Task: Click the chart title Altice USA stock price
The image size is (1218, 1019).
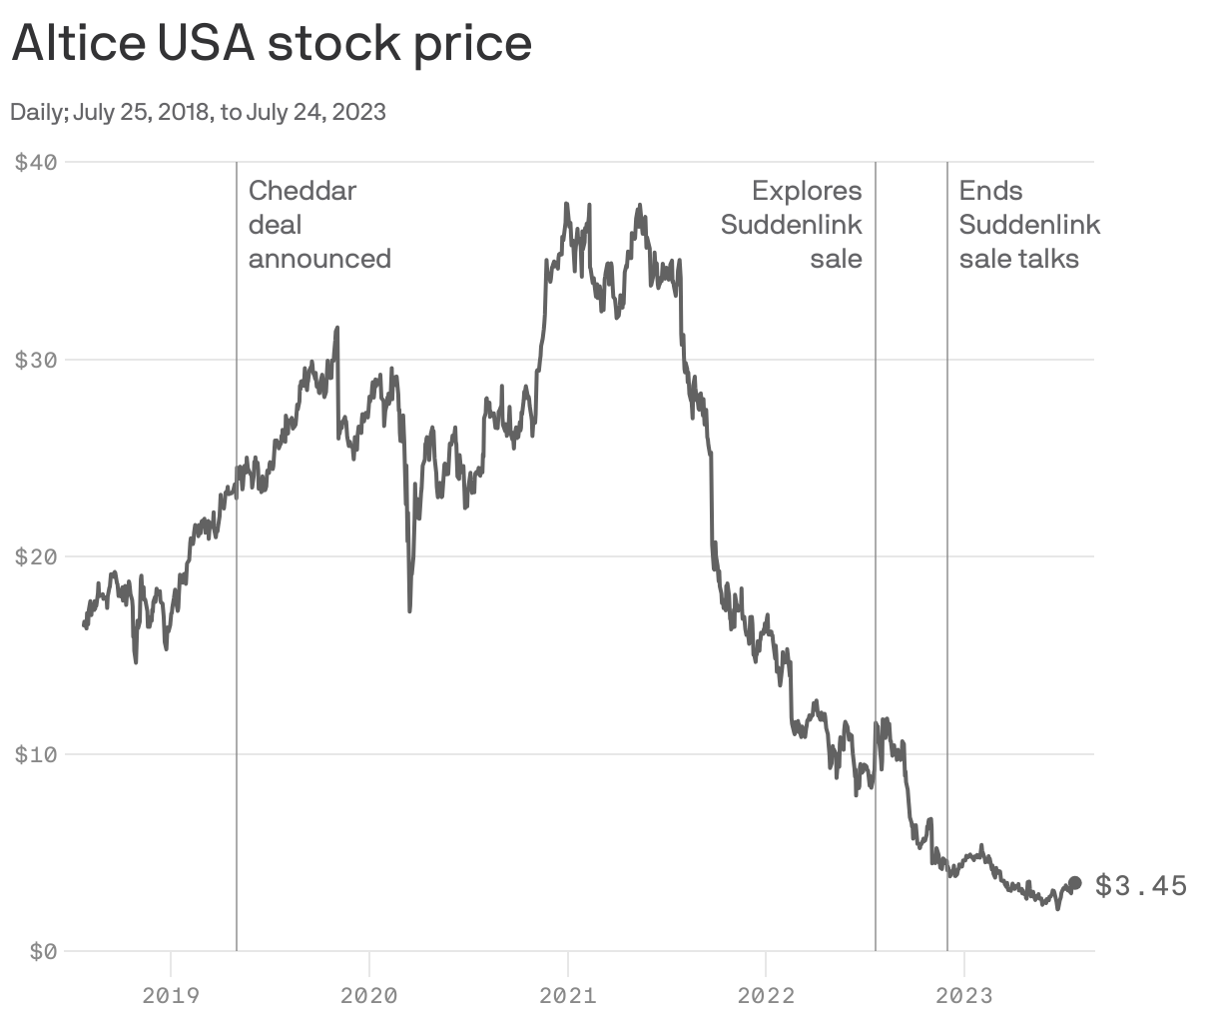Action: point(272,44)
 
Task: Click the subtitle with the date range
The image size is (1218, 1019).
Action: point(198,112)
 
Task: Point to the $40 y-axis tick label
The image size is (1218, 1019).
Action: point(35,161)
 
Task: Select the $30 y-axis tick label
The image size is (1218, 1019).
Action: point(35,359)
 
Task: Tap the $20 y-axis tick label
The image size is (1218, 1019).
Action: point(35,555)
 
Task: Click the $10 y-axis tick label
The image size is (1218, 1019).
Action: point(35,753)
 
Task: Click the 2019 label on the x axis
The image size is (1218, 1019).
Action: point(171,995)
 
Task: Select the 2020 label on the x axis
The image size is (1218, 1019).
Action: point(368,995)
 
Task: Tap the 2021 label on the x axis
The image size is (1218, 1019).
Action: point(567,995)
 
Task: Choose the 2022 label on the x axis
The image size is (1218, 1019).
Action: point(766,995)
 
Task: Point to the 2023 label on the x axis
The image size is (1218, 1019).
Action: point(963,995)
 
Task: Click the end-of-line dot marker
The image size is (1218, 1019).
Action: point(1074,883)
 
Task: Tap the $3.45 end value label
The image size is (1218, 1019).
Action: point(1141,885)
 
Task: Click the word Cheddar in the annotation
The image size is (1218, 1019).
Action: point(302,190)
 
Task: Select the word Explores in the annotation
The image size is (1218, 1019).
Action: point(807,190)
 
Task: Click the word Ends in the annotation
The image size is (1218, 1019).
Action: point(990,190)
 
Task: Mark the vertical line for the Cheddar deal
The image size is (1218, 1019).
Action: point(237,599)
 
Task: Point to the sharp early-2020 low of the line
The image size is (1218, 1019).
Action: point(409,609)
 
